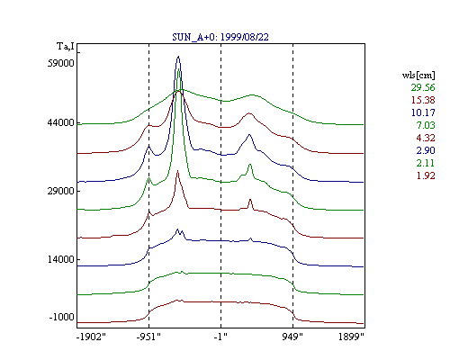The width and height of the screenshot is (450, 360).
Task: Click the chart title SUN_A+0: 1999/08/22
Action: (x=220, y=37)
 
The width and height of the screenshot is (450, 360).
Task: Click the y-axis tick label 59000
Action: (x=61, y=63)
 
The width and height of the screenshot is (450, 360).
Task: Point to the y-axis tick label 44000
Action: (x=61, y=122)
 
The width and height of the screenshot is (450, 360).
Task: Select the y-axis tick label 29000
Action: (x=61, y=191)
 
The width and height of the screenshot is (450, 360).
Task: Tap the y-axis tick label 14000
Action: (x=61, y=259)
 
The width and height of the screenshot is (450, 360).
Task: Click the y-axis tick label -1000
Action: (x=62, y=317)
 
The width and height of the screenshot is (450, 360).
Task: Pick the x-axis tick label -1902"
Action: (x=92, y=337)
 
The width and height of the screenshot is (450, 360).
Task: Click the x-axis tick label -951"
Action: (x=148, y=337)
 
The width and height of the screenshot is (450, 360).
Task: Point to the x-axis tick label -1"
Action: (x=220, y=337)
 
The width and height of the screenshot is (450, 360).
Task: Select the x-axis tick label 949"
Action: (x=292, y=337)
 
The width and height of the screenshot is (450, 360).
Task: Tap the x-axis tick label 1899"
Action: (x=351, y=337)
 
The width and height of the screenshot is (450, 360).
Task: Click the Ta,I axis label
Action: (x=66, y=47)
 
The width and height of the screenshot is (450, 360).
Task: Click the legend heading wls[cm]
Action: (x=418, y=75)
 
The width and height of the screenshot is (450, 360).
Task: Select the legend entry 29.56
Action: (x=423, y=87)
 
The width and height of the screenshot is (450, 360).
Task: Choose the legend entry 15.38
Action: (x=423, y=100)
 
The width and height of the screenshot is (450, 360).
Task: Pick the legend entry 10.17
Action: (x=423, y=112)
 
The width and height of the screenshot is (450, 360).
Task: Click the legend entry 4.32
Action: (x=426, y=138)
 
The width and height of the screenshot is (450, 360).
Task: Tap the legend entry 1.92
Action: (x=426, y=175)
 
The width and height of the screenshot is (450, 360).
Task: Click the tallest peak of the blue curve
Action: (x=178, y=57)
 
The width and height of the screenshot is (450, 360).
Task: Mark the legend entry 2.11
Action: (x=426, y=163)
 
